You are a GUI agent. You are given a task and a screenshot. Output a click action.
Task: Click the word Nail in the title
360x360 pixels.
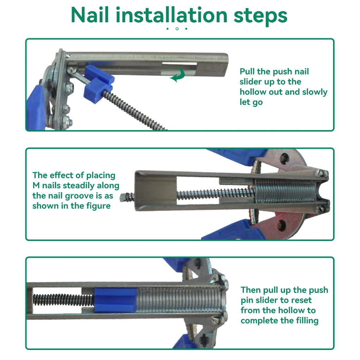coord(90,15)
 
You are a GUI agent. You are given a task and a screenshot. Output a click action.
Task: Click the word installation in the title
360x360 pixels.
coord(172,15)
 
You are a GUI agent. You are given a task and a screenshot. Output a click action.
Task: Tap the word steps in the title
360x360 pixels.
coord(260,16)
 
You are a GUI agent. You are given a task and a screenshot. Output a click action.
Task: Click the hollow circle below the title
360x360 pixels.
coord(177,29)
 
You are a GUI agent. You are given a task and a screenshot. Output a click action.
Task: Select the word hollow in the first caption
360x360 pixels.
coord(253,92)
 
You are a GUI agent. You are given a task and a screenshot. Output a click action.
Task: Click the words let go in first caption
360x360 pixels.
coord(251,102)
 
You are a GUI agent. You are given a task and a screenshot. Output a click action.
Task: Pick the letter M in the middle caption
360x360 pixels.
coord(36,185)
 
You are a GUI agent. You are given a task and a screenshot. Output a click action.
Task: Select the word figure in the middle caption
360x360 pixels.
coord(98,206)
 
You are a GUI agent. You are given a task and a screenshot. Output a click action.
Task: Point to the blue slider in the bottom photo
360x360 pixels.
coord(115,301)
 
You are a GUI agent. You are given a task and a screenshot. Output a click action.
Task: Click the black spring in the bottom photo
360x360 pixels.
coord(64,300)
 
